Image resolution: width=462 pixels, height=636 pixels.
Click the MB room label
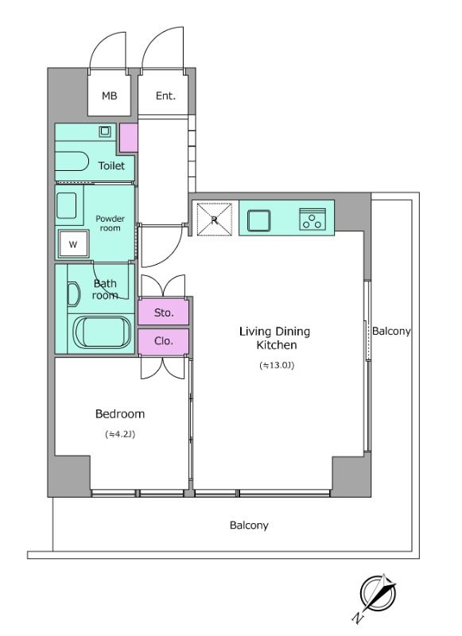point(109,96)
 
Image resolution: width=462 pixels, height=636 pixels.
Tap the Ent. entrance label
point(165,96)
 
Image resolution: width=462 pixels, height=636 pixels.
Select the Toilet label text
point(111,165)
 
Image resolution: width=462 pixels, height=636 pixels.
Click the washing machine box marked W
point(73,244)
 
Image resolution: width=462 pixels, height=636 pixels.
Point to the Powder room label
point(110,223)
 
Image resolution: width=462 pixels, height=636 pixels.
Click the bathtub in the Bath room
point(102,332)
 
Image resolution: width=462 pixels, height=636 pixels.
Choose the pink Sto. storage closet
point(164,312)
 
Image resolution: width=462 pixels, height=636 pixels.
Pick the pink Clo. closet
point(164,342)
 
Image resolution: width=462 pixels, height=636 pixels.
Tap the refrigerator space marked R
point(215,219)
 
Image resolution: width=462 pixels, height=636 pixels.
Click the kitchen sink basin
point(258,221)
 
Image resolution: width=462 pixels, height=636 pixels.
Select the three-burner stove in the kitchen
point(313,219)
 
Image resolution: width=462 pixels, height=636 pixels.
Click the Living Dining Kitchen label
point(274,338)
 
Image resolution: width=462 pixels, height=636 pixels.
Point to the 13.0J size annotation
point(276,366)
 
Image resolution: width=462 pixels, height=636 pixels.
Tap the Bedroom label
point(120,413)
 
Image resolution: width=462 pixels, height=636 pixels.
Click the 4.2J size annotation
point(120,434)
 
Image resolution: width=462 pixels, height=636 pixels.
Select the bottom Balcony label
point(249,525)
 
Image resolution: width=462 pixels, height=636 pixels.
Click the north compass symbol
point(379,594)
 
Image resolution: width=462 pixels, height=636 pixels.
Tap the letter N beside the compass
point(357,618)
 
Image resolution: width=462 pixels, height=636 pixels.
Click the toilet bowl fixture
point(72,162)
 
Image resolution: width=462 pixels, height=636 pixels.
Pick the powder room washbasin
point(67,205)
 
